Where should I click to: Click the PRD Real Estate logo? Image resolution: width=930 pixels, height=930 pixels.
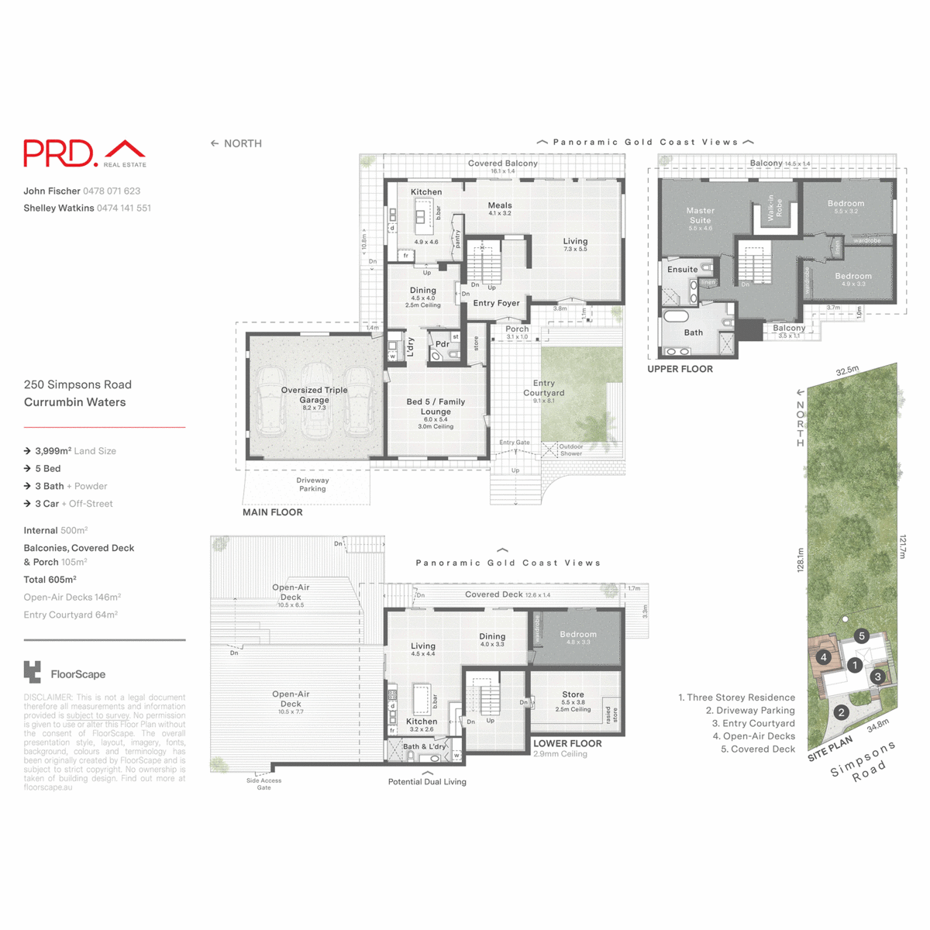tap(84, 153)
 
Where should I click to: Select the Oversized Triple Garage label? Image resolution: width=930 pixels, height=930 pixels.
tap(314, 395)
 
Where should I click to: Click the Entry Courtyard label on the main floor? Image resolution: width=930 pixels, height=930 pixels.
tap(544, 387)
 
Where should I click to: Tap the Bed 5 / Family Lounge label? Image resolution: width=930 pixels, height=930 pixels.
tap(436, 407)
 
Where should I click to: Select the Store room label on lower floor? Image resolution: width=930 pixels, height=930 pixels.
tap(573, 695)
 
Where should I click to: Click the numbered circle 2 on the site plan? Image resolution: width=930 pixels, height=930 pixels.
tap(842, 712)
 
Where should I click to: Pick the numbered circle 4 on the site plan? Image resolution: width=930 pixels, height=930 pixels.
tap(824, 657)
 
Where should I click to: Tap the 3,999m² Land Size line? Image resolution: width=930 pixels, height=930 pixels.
tap(75, 451)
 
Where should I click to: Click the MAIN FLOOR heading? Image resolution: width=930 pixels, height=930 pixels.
tap(272, 512)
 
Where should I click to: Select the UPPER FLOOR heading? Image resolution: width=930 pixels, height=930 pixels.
tap(680, 369)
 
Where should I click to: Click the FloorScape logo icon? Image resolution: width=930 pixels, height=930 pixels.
tap(33, 673)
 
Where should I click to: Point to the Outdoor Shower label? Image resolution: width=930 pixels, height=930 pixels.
tap(571, 450)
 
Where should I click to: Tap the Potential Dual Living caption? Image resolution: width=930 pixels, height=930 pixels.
tap(427, 782)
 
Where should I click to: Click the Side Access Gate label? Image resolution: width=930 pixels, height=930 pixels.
tap(263, 784)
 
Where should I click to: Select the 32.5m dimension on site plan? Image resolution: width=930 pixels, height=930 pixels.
tap(847, 371)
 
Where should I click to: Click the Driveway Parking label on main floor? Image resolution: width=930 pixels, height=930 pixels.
tap(312, 484)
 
